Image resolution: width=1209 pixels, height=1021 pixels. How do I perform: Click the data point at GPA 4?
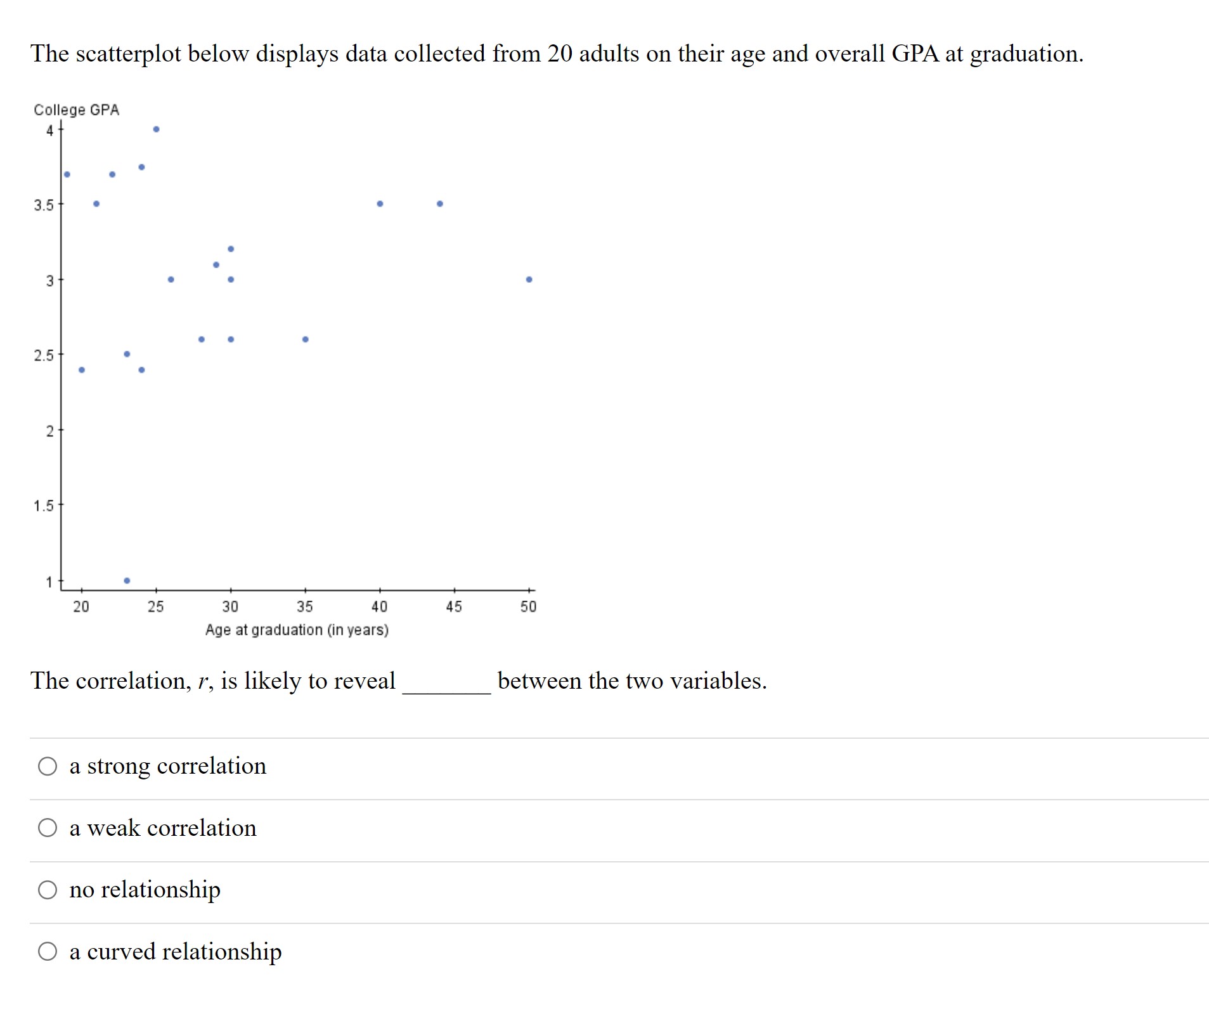click(x=156, y=129)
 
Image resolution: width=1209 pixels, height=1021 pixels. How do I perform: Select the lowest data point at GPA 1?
click(x=127, y=580)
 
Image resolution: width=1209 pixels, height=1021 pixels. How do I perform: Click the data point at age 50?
click(x=529, y=279)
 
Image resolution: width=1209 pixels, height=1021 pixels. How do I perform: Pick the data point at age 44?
click(x=439, y=204)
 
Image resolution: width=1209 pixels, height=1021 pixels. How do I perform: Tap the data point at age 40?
click(x=380, y=204)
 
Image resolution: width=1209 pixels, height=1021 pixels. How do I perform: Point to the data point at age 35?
click(x=305, y=339)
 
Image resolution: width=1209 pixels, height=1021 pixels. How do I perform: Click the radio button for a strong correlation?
click(x=48, y=766)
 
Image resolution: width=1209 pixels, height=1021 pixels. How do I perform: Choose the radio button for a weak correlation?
click(x=48, y=828)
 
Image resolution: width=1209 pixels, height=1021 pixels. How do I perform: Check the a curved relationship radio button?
click(x=48, y=951)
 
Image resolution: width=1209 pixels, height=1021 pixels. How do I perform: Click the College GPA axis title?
click(x=76, y=110)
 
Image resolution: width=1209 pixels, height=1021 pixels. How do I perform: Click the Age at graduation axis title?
click(x=297, y=630)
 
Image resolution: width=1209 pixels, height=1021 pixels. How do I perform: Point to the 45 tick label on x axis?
click(x=454, y=607)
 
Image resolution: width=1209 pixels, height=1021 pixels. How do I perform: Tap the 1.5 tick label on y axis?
click(x=44, y=506)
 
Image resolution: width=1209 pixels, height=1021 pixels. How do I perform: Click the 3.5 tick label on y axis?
click(x=44, y=205)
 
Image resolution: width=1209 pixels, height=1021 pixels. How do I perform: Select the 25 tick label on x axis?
click(x=155, y=607)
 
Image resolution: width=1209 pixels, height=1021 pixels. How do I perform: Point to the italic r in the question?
click(x=202, y=681)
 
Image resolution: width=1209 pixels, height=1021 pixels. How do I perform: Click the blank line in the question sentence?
click(x=446, y=691)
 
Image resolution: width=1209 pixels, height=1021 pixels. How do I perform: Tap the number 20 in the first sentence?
click(x=560, y=54)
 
